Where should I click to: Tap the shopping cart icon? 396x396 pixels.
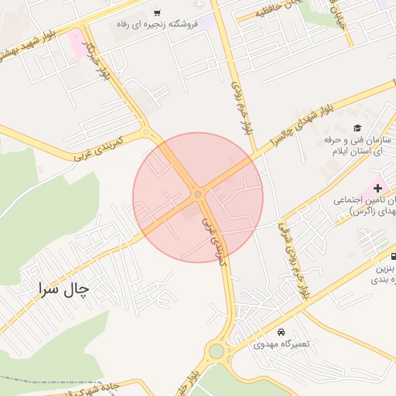(x=157, y=13)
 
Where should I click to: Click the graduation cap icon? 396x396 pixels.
(x=357, y=128)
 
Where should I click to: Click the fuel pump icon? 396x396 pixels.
(x=394, y=256)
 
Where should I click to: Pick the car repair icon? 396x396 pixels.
(x=280, y=332)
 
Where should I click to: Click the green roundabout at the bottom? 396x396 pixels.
(x=216, y=352)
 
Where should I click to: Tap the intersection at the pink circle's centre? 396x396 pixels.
(x=198, y=195)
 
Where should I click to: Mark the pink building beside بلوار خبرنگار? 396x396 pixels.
(x=77, y=43)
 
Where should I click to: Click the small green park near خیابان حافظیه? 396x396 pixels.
(x=316, y=11)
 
